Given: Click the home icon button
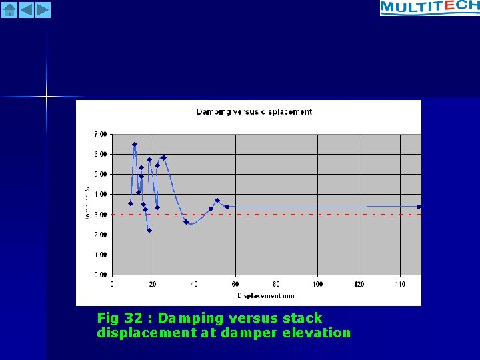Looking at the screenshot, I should [9, 9].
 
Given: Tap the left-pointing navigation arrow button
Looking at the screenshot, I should [26, 9].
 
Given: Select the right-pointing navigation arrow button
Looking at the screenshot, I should [42, 9].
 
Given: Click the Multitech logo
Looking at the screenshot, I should [429, 7].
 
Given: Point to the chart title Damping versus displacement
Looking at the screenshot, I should [254, 111].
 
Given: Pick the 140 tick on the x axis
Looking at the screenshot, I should [400, 284].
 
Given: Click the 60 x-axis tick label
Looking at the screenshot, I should [235, 284].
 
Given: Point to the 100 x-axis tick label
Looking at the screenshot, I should [317, 284].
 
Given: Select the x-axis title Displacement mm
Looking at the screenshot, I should [266, 295].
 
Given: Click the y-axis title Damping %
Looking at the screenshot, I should [87, 204].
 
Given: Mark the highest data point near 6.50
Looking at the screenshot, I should [135, 144].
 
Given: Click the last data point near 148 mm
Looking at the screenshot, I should [419, 207].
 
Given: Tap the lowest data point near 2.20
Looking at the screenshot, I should [149, 230].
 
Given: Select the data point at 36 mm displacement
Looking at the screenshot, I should [186, 221].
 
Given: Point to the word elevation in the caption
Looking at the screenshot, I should [319, 333].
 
